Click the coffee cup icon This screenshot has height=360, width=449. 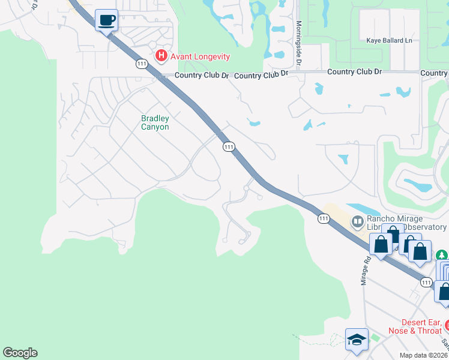coord(106,21)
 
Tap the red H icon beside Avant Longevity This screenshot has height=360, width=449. coord(161,56)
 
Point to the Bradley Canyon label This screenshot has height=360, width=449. coord(155,122)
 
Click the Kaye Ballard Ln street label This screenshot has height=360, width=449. coord(390,41)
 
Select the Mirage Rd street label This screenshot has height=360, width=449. coord(366,269)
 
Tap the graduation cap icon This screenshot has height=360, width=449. coord(357,340)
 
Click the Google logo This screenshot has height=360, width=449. coord(20,353)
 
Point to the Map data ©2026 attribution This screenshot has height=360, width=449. coord(423,355)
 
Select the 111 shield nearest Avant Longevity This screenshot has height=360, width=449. coord(142,64)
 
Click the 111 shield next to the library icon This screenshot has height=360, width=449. coord(324,218)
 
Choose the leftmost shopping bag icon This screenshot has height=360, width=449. coord(381,244)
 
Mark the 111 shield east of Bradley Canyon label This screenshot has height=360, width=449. coord(228,146)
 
